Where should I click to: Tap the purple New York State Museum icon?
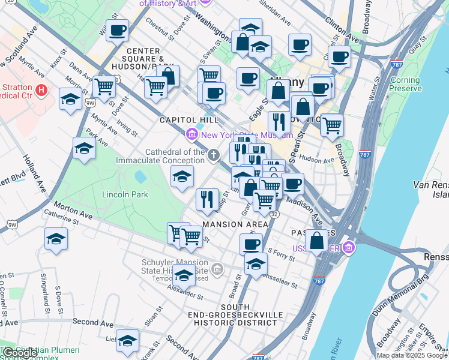pyautogui.click(x=193, y=135)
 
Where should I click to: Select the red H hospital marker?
pyautogui.click(x=41, y=91)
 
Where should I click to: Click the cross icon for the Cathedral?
pyautogui.click(x=214, y=156)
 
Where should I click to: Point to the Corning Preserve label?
pyautogui.click(x=405, y=85)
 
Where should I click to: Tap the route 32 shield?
pyautogui.click(x=274, y=214)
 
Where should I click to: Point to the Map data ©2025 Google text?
pyautogui.click(x=412, y=355)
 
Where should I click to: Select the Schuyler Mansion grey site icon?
pyautogui.click(x=217, y=268)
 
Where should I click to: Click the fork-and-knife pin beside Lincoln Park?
pyautogui.click(x=207, y=199)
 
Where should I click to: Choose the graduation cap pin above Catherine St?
pyautogui.click(x=56, y=239)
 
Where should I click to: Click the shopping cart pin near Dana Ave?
pyautogui.click(x=104, y=86)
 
